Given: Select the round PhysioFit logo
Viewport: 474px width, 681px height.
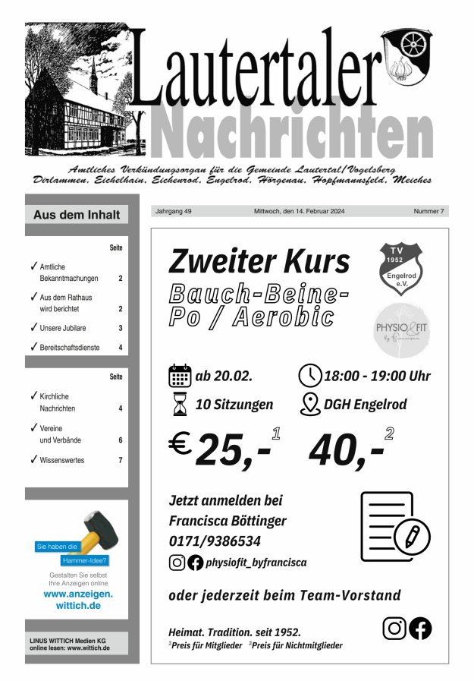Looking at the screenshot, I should point(400,328).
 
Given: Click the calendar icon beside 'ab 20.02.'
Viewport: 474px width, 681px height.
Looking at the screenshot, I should point(180,376).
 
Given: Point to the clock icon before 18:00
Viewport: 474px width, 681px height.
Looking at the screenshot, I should point(309,376).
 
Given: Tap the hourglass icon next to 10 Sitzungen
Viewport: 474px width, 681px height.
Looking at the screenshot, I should point(180,405).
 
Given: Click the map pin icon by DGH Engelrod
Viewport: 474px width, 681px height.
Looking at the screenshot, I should point(309,404).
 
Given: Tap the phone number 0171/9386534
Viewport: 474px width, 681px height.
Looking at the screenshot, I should point(215,541).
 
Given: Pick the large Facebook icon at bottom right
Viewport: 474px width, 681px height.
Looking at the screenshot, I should point(420,628).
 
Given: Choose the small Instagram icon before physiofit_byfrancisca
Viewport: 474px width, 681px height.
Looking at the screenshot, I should point(177,563).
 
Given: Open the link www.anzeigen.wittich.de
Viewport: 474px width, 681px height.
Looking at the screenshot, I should point(78,600).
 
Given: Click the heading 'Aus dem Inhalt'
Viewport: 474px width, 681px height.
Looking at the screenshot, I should point(77,215).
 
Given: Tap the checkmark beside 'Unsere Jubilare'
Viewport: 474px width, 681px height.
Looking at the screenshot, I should point(33,327).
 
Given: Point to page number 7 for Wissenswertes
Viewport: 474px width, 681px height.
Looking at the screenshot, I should point(120,460).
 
